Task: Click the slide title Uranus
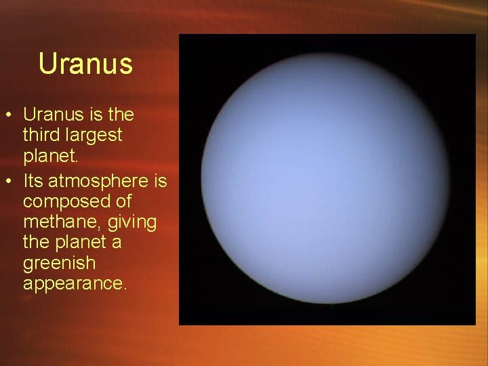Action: pos(85,64)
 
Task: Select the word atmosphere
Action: pos(99,181)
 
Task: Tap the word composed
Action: pos(66,202)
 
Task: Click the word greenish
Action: pos(60,263)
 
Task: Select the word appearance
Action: pos(74,283)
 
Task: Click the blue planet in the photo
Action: pos(327,180)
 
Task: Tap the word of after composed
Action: pos(123,201)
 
